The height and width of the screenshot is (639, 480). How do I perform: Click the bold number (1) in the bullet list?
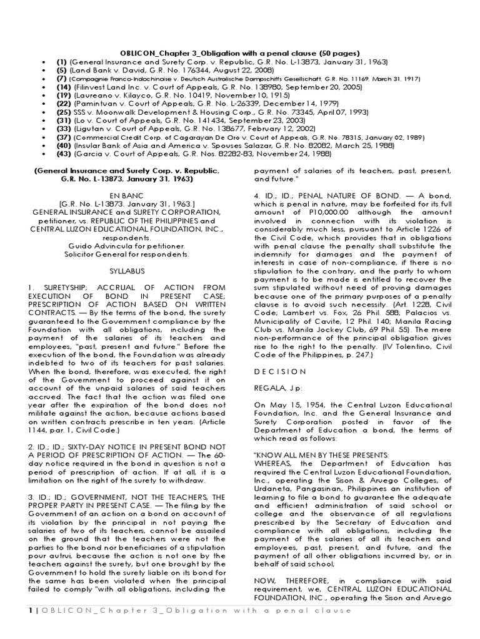point(62,63)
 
